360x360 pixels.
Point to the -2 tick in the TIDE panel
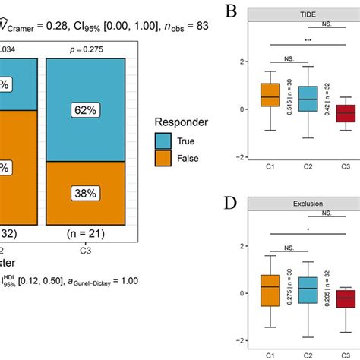[x=242, y=157]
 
